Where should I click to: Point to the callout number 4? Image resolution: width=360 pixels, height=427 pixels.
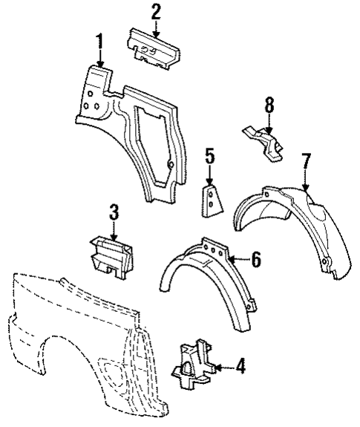pyautogui.click(x=240, y=365)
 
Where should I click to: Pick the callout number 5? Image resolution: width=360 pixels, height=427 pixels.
pyautogui.click(x=210, y=157)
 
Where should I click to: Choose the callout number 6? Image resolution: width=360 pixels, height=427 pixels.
pyautogui.click(x=255, y=259)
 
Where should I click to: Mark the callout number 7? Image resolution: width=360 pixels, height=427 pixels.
pyautogui.click(x=304, y=162)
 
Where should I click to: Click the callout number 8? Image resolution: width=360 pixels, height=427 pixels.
pyautogui.click(x=268, y=105)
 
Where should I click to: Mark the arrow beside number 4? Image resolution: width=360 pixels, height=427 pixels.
pyautogui.click(x=225, y=365)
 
